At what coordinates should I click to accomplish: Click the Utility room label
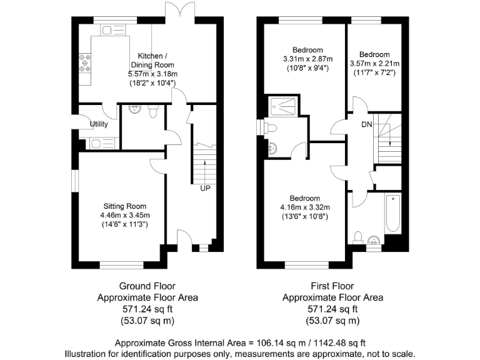tap(99, 124)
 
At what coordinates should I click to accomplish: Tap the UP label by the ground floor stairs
tap(204, 187)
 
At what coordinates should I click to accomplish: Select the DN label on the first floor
tap(367, 124)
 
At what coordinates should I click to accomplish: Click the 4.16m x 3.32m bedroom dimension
tap(305, 207)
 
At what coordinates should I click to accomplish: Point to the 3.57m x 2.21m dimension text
tap(374, 64)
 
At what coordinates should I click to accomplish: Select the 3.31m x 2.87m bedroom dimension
tap(307, 59)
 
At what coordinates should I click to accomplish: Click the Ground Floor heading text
tap(147, 286)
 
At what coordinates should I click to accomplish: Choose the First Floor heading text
tap(332, 286)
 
